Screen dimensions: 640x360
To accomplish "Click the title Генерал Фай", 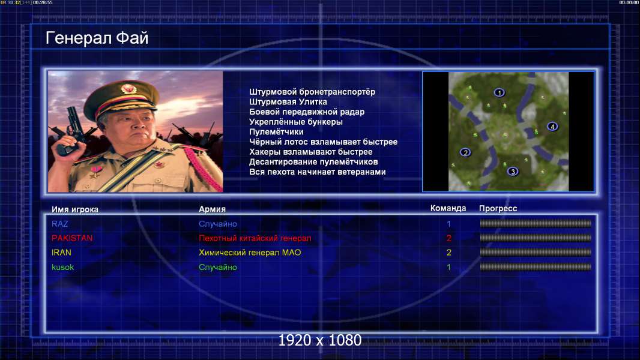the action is click(x=97, y=38).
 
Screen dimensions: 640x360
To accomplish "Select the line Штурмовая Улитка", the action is click(x=288, y=102).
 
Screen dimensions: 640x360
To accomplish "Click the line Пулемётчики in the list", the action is click(x=276, y=131).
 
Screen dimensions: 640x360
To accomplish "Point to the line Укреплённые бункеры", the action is click(x=296, y=122).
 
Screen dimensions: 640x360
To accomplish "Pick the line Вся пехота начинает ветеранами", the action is click(x=317, y=172).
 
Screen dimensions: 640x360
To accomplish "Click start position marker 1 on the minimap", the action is click(x=499, y=92).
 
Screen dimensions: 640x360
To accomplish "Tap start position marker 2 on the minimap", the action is click(x=465, y=152).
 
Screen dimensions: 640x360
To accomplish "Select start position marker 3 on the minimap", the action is click(x=513, y=171).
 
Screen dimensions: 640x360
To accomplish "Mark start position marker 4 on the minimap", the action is click(x=552, y=127).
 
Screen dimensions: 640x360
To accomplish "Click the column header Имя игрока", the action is click(x=74, y=209).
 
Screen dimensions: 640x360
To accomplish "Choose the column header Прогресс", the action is click(x=498, y=208).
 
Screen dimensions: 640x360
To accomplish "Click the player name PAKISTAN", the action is click(x=72, y=238).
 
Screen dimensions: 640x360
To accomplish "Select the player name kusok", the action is click(x=62, y=267).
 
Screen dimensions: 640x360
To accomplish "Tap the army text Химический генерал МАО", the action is click(x=250, y=253).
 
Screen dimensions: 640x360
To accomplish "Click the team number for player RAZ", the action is click(x=448, y=224).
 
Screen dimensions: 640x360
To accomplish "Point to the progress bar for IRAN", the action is click(x=536, y=253).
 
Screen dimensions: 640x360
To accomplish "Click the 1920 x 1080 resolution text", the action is click(x=319, y=340).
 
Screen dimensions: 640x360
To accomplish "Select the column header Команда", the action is click(x=448, y=208).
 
